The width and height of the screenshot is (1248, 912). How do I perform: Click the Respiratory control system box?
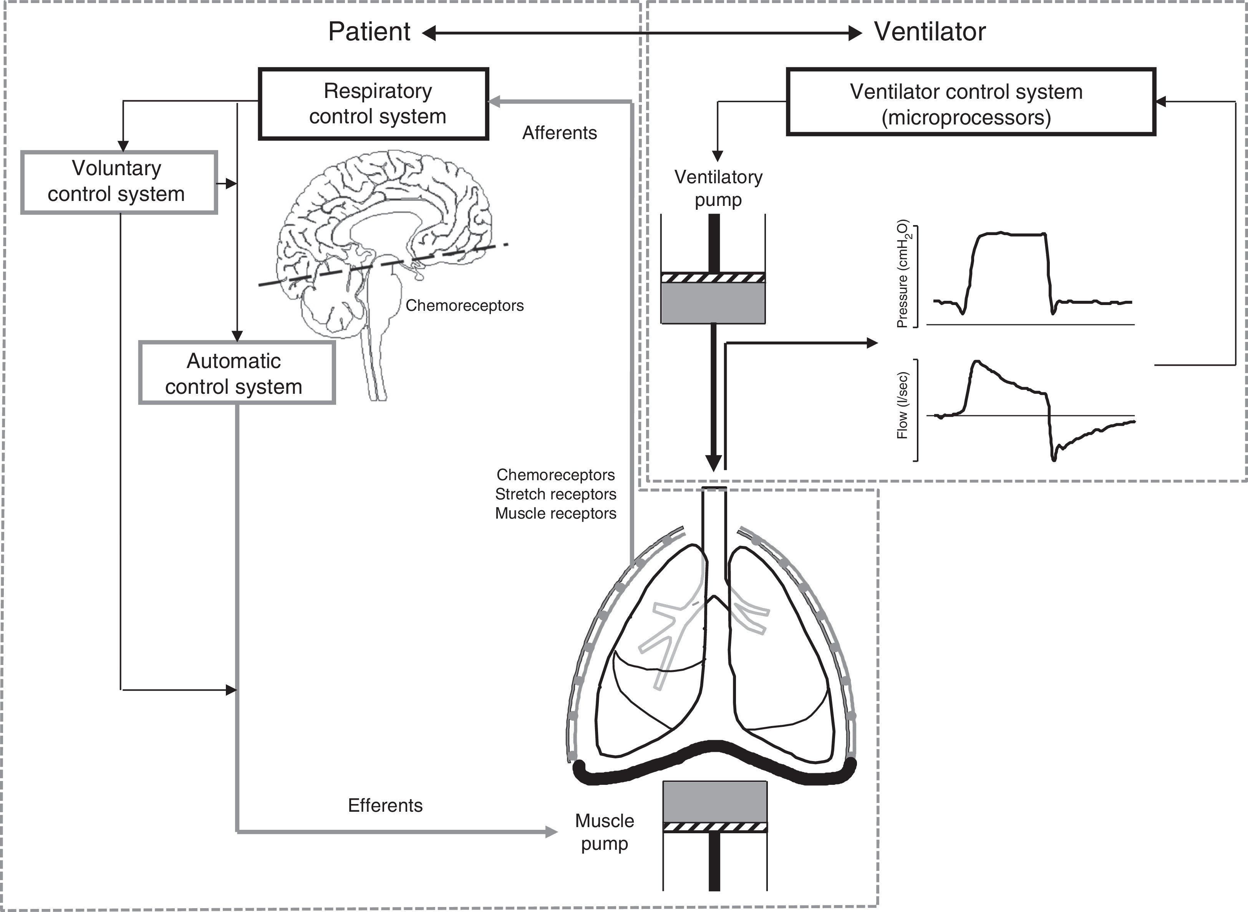pyautogui.click(x=374, y=104)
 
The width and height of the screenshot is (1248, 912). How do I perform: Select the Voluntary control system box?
pyautogui.click(x=119, y=182)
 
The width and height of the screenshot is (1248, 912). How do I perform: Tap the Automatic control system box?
pyautogui.click(x=236, y=373)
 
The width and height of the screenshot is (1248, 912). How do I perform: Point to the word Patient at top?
pyautogui.click(x=369, y=32)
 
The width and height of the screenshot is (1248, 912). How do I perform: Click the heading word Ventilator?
pyautogui.click(x=930, y=32)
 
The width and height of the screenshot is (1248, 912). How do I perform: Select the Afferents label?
pyautogui.click(x=559, y=133)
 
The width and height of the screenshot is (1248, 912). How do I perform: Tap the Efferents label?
pyautogui.click(x=385, y=806)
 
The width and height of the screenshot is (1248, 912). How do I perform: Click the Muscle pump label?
pyautogui.click(x=604, y=832)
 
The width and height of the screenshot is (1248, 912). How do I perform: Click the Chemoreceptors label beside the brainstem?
pyautogui.click(x=464, y=305)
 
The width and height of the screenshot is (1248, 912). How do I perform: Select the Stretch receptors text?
pyautogui.click(x=555, y=494)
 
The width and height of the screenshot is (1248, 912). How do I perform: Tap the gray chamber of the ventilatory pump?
pyautogui.click(x=713, y=303)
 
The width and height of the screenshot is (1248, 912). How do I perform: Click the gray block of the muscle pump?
pyautogui.click(x=715, y=801)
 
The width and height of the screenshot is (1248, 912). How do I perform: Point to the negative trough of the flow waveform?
pyautogui.click(x=1054, y=458)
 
